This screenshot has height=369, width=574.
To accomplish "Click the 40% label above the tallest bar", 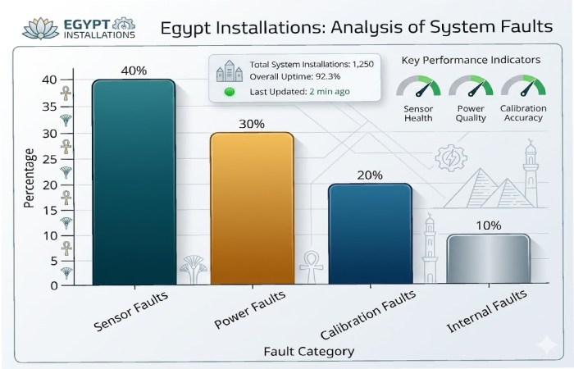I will pos(133,71).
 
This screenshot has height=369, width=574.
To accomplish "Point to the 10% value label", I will pos(488,225).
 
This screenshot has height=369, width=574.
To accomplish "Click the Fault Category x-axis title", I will pos(308,351).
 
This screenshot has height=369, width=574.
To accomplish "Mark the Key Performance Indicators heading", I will pos(471,61).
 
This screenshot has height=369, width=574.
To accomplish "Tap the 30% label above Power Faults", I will pos(252,124).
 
